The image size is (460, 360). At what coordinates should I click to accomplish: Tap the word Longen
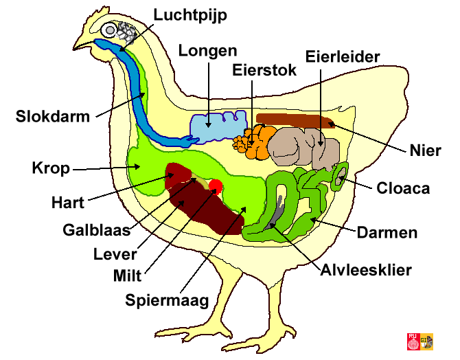(x=207, y=50)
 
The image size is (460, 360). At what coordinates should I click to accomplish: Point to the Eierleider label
(x=343, y=56)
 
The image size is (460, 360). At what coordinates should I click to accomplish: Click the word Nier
(x=424, y=150)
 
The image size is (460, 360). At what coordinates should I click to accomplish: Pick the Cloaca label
(x=403, y=188)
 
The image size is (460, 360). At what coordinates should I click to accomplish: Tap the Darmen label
(x=387, y=232)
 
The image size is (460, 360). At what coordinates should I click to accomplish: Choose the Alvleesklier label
(x=366, y=269)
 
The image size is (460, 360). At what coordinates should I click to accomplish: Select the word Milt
(x=128, y=276)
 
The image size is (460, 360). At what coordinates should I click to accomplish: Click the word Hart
(x=68, y=203)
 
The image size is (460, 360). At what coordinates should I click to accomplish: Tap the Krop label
(x=50, y=168)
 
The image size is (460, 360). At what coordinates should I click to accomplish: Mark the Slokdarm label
(x=53, y=116)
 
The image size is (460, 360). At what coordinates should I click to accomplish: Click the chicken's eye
(x=111, y=30)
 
